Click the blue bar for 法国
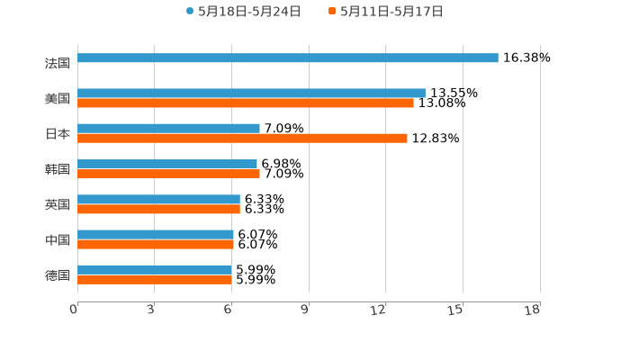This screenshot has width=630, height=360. [288, 58]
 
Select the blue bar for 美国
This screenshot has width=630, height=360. [251, 93]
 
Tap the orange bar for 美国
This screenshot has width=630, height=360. [246, 103]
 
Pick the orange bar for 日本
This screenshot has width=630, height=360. [242, 138]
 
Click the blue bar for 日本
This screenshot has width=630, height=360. [168, 128]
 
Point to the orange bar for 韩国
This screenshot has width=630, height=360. [168, 174]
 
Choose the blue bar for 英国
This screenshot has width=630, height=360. [158, 199]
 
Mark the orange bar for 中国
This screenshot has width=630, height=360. [156, 244]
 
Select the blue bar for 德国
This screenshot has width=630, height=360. [155, 269]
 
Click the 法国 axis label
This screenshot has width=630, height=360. [58, 63]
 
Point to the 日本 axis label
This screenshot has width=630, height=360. [58, 134]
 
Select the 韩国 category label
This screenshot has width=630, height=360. [58, 169]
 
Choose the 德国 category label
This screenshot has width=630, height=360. [58, 275]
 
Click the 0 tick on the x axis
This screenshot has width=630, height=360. [75, 310]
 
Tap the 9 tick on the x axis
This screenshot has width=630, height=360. [305, 310]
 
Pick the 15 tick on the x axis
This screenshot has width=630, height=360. [456, 310]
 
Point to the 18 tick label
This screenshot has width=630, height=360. [533, 310]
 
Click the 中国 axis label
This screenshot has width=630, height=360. [58, 240]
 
